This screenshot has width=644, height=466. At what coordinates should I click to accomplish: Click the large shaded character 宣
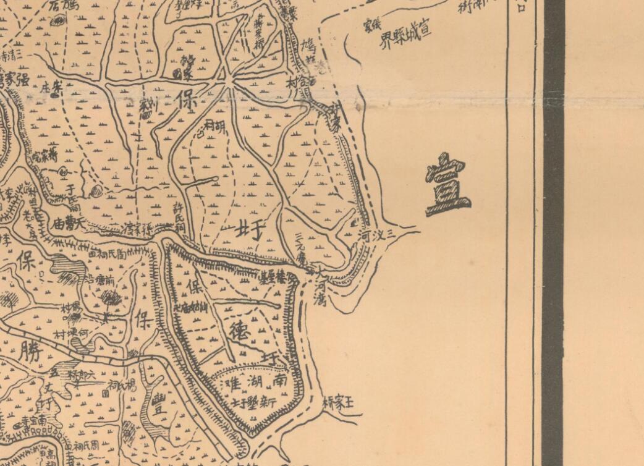[447, 185]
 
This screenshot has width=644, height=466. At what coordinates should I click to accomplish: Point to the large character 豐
[159, 405]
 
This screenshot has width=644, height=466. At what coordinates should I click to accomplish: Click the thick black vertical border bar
[553, 233]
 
